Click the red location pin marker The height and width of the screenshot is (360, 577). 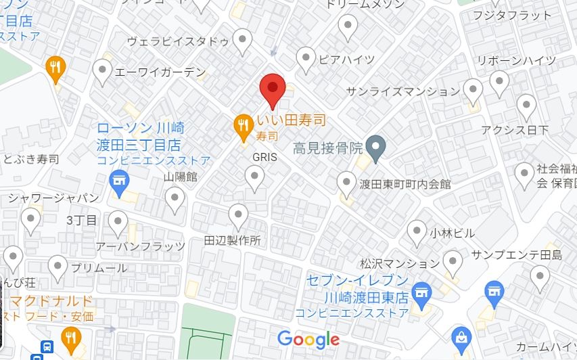272,89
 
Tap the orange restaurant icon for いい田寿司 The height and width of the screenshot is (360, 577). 243,127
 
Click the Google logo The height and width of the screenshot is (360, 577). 308,339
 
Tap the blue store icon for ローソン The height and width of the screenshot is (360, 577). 120,182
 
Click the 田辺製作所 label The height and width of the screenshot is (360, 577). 232,240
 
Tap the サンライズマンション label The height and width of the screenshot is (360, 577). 402,91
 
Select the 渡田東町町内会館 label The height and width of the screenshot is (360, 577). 405,183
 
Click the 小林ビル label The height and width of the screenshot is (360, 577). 452,233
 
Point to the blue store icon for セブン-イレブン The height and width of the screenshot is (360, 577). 422,293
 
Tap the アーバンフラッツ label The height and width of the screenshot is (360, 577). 140,246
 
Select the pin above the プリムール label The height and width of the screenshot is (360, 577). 58,267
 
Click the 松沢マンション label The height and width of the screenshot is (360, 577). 400,263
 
